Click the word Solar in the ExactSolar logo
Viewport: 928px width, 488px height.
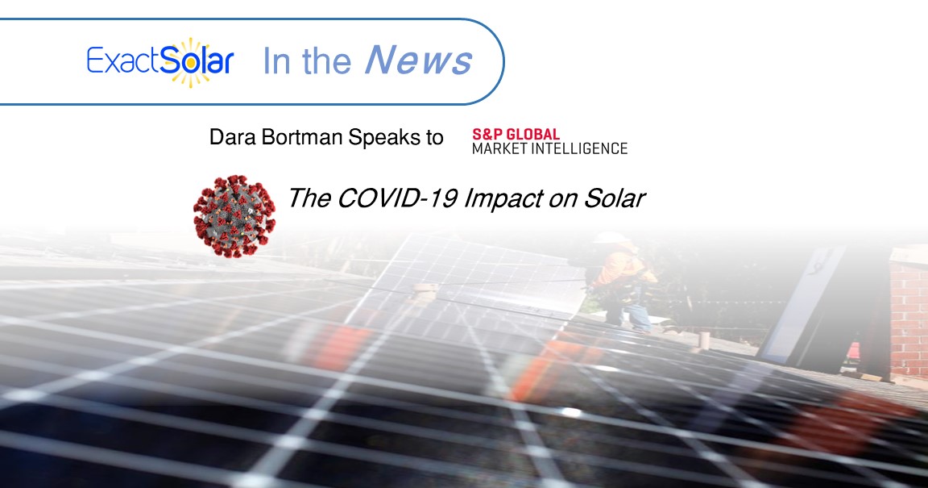coord(197,62)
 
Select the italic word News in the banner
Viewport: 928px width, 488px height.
coord(418,61)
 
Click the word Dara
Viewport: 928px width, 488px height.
coord(231,137)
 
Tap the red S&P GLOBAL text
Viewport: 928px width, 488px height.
coord(516,135)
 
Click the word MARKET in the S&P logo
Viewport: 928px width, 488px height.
coord(499,148)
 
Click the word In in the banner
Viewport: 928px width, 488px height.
coord(275,62)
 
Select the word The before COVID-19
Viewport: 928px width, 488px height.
coord(305,198)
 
